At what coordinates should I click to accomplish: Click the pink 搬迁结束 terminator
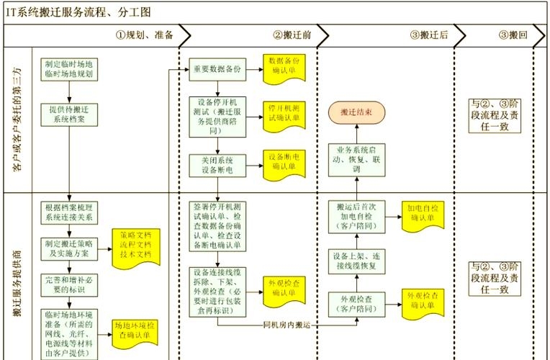[x=356, y=112]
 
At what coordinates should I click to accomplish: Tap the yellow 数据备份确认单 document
[x=284, y=66]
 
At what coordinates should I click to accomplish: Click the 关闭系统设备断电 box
[x=215, y=165]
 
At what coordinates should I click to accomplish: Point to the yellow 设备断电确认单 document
[x=284, y=161]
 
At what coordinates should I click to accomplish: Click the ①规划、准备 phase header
[x=144, y=35]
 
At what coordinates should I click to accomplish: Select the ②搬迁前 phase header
[x=292, y=35]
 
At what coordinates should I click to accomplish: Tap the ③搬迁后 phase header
[x=429, y=35]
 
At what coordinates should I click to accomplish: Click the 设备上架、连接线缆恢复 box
[x=356, y=261]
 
